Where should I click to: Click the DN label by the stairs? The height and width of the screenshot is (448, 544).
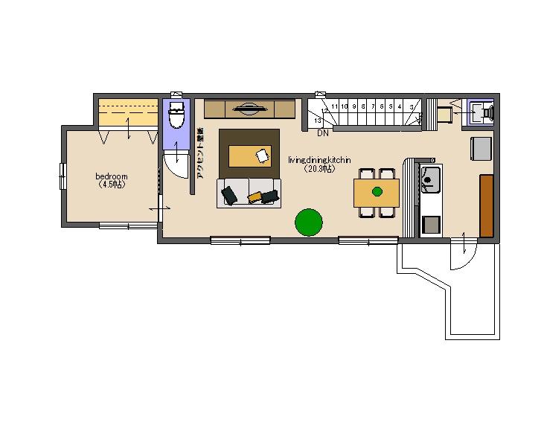tap(323, 134)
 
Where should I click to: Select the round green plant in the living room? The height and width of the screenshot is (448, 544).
tap(309, 222)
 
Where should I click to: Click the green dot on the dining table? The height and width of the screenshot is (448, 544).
tap(377, 192)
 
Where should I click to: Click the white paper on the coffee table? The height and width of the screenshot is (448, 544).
tap(263, 156)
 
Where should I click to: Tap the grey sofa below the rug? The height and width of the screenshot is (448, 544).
tap(249, 193)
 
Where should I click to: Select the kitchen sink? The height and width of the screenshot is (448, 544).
tap(431, 179)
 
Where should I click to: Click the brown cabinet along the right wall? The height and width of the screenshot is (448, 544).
tap(487, 205)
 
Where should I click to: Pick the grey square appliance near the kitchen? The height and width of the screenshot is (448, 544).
tap(481, 147)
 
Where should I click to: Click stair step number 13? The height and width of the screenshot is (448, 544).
tap(318, 120)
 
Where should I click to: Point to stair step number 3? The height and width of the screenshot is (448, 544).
tap(411, 107)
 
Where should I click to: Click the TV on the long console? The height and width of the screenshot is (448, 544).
tap(250, 109)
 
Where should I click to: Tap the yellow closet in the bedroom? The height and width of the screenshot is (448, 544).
tap(127, 112)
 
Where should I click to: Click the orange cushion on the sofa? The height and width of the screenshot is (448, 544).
tap(255, 196)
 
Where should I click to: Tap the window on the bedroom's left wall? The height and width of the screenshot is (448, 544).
tap(64, 176)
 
